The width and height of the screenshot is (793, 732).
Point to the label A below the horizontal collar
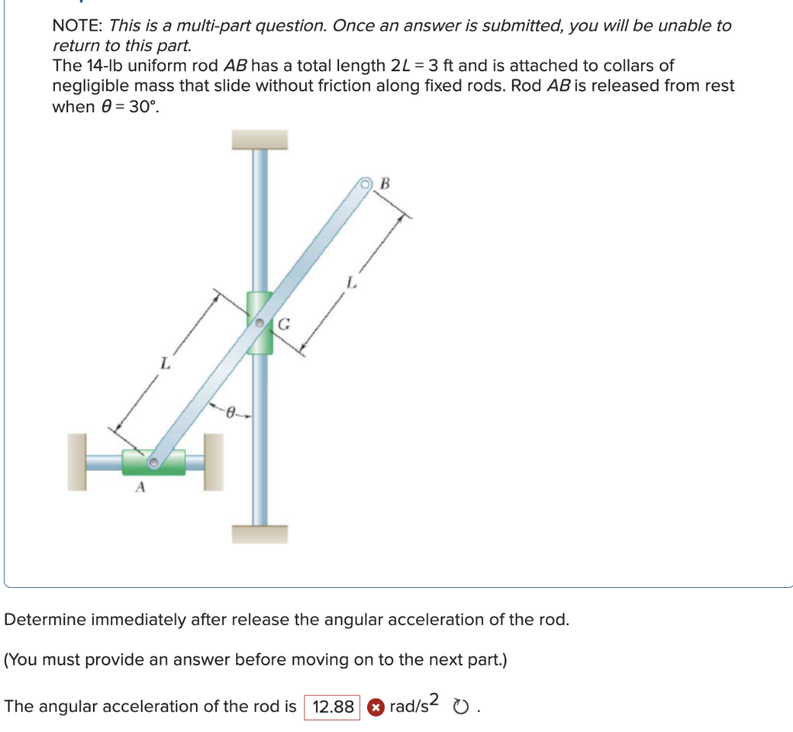(140, 488)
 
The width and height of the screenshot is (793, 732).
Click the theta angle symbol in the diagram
(230, 414)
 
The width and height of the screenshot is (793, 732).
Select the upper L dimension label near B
(352, 284)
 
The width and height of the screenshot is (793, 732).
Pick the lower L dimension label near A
(164, 362)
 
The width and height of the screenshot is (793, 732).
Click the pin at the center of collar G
(261, 321)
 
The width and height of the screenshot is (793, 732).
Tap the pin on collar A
(154, 462)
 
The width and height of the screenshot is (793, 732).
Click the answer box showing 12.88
(333, 706)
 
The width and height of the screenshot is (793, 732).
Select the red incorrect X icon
(375, 706)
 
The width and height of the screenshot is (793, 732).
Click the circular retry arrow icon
(462, 706)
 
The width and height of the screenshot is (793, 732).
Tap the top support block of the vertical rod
(259, 139)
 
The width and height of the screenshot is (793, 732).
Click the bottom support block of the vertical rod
(259, 534)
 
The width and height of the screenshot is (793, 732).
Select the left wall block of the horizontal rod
(77, 462)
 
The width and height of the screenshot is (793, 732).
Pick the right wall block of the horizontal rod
(213, 462)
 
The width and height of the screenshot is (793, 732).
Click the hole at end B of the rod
(366, 184)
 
